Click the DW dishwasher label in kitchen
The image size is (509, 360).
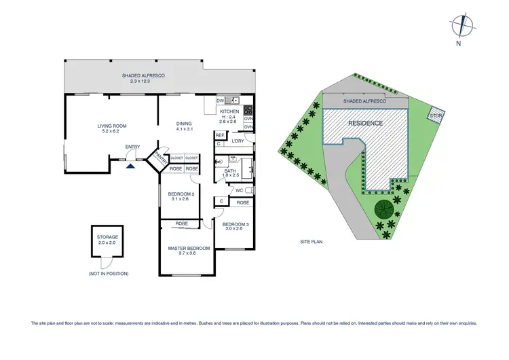point(220,101)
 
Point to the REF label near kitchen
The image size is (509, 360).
point(220,135)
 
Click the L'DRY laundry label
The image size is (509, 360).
point(238,141)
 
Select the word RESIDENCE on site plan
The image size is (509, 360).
point(366,123)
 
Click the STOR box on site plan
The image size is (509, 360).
point(436,116)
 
